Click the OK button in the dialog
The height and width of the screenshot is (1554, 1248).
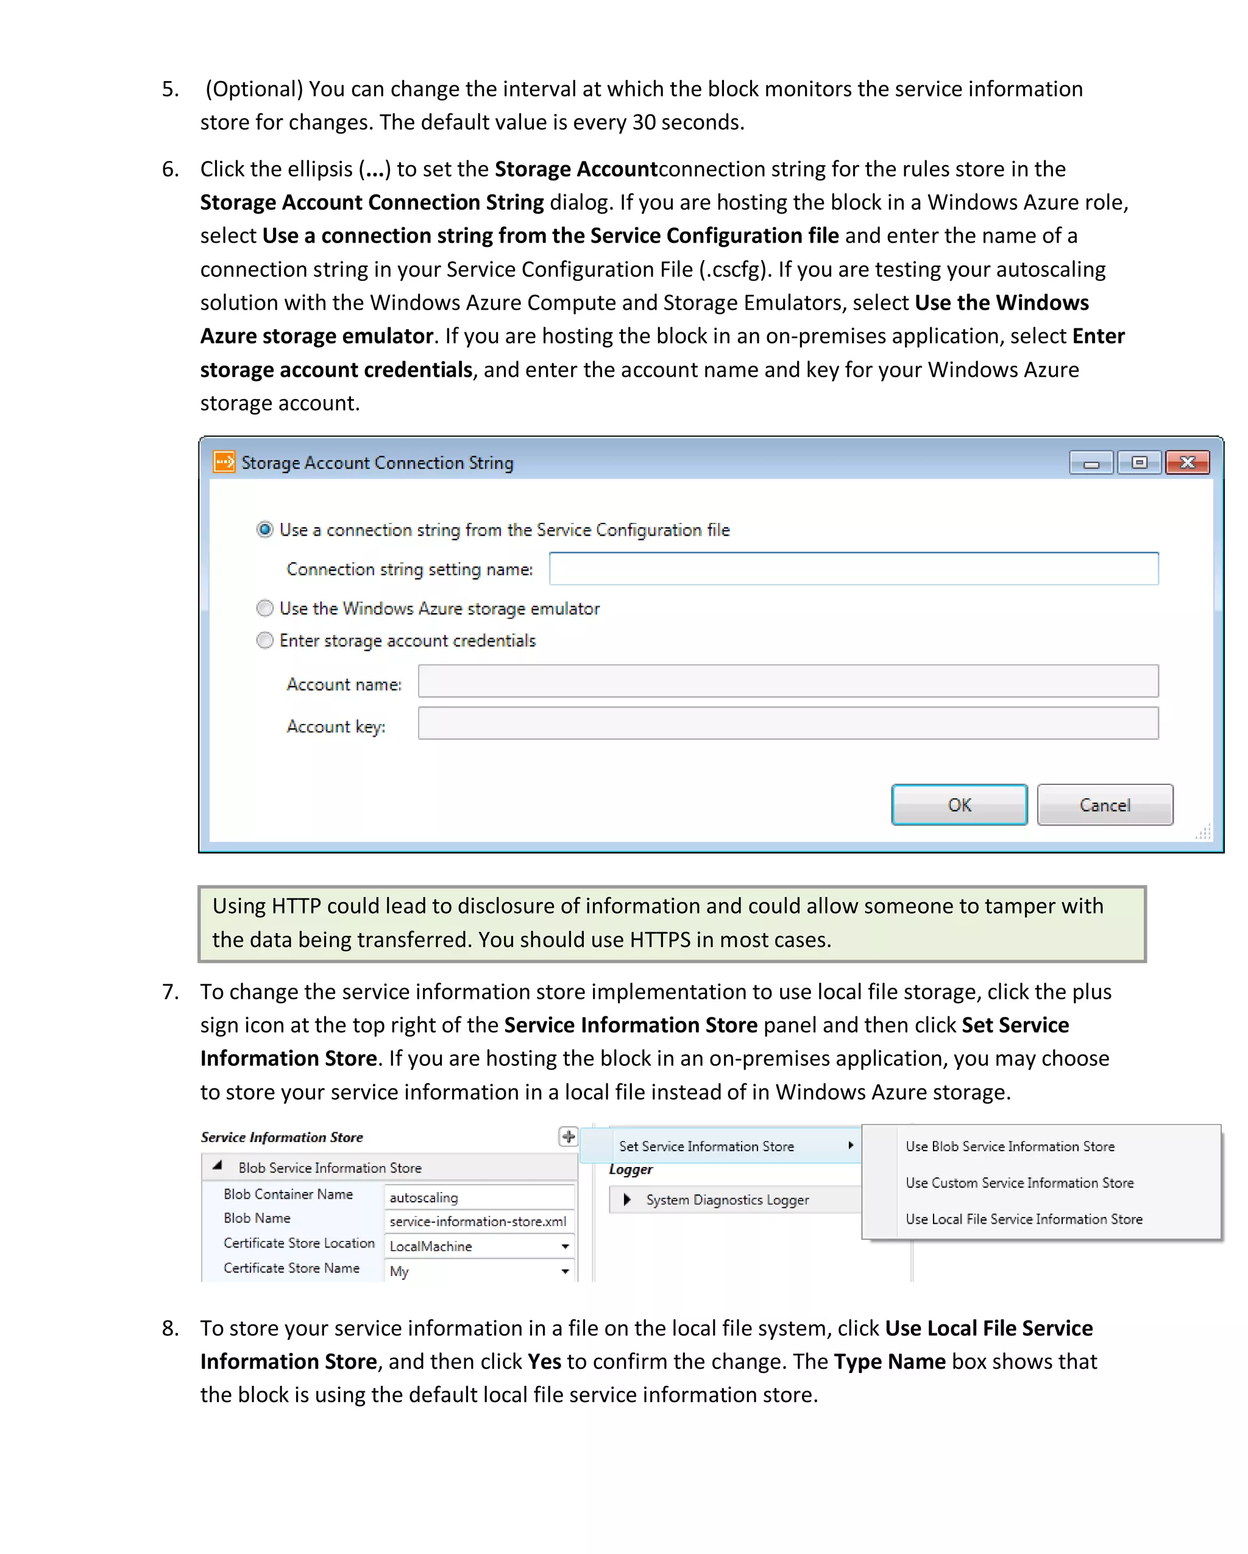click(x=959, y=804)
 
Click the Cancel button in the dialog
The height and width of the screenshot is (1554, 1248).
click(x=1104, y=804)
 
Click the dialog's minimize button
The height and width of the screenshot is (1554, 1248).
click(x=1091, y=463)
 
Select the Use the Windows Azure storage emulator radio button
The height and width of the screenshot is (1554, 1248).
click(x=265, y=608)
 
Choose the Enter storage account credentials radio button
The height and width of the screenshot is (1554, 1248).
click(x=265, y=640)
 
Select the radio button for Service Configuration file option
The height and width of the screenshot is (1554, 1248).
click(x=265, y=529)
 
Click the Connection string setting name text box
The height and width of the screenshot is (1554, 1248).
click(x=853, y=569)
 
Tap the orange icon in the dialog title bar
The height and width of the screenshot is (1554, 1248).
click(x=224, y=461)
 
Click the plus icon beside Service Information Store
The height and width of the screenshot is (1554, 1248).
click(x=568, y=1137)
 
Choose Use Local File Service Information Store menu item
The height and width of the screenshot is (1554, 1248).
click(x=1023, y=1219)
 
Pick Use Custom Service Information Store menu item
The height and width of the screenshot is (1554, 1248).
click(x=1019, y=1183)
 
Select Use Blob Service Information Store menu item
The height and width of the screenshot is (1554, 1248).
click(x=1010, y=1146)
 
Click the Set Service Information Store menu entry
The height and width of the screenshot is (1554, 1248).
click(x=706, y=1146)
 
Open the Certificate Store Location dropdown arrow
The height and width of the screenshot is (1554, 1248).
click(x=565, y=1246)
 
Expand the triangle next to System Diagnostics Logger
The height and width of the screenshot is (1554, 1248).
click(x=627, y=1199)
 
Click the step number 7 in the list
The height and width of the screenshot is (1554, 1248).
click(x=170, y=992)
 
